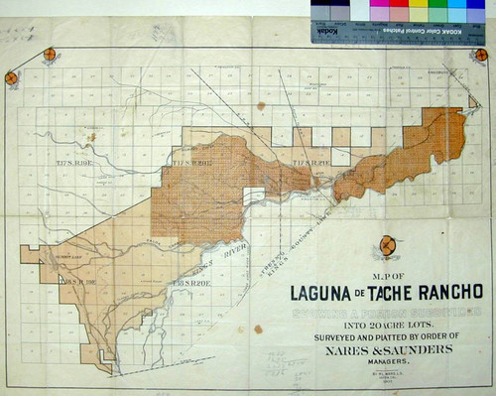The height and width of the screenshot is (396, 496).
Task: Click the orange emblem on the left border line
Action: coord(11,77)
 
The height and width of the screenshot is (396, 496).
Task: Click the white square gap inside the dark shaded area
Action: coord(254,196)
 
